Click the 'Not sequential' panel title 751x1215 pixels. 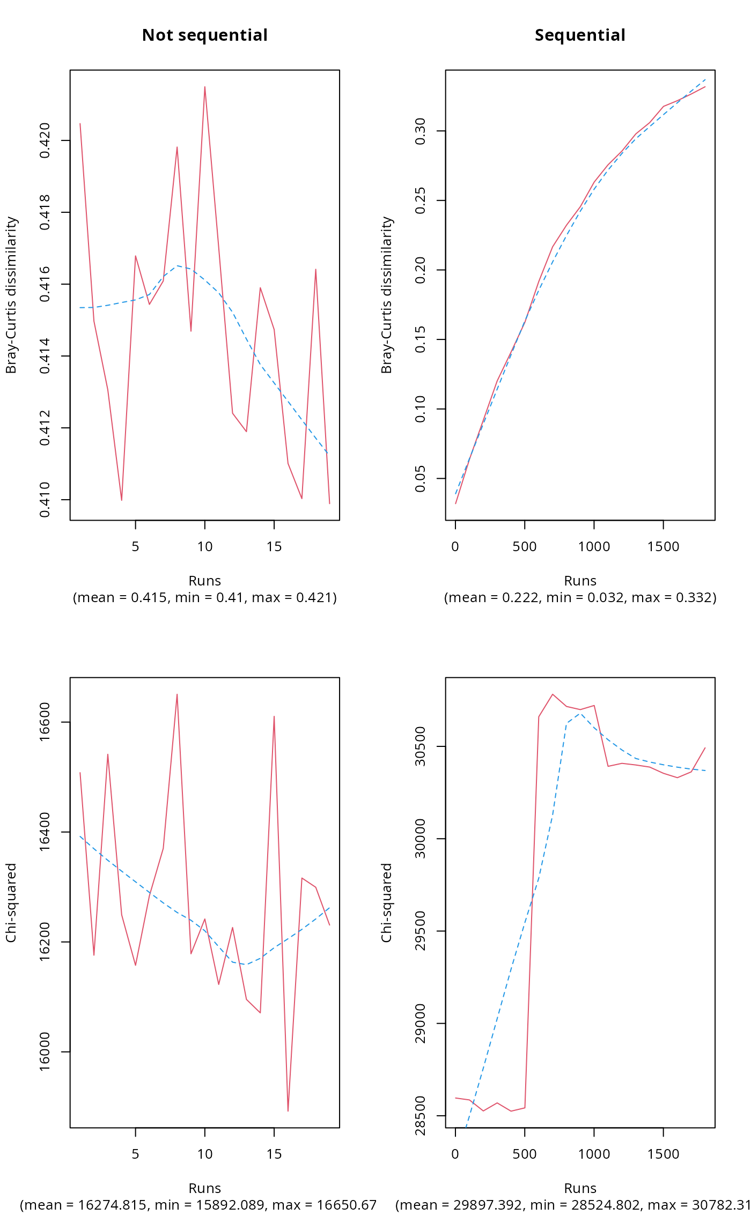point(204,35)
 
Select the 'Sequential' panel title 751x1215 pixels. point(580,35)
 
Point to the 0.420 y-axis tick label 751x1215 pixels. point(45,140)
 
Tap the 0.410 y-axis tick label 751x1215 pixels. point(45,500)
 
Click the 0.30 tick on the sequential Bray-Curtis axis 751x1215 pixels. point(421,131)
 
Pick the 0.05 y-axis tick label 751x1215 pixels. point(421,478)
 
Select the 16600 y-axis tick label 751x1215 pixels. point(45,722)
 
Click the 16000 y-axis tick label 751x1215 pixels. point(45,1051)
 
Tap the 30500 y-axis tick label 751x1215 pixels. point(421,746)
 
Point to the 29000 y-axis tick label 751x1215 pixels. point(421,1024)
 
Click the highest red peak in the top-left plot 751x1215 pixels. point(205,87)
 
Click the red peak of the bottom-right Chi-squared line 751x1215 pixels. point(553,694)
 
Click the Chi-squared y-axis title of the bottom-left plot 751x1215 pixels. point(11,903)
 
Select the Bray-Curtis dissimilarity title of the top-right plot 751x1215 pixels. point(387,295)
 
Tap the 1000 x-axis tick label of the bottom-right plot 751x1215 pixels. point(594,1154)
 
